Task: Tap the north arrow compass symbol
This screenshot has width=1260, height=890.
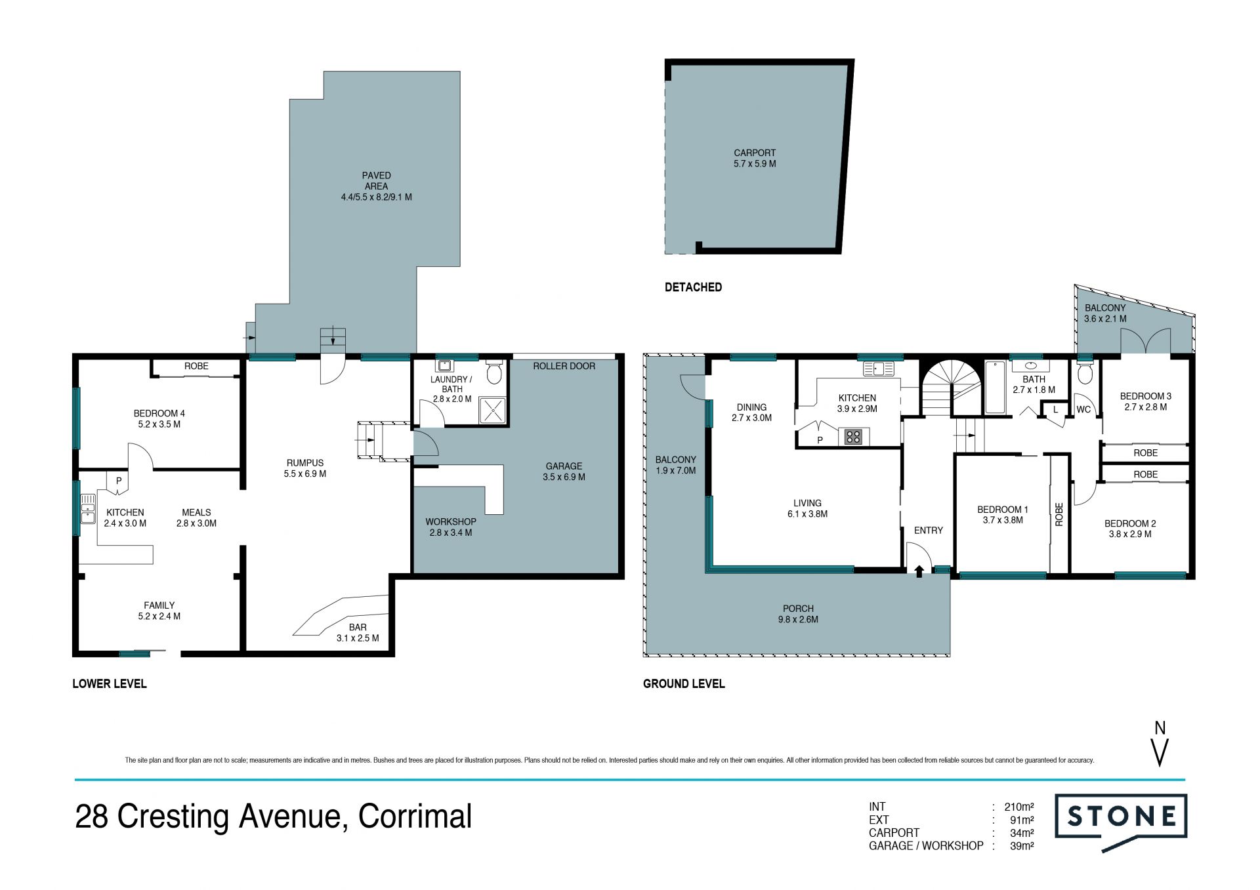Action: [x=1160, y=744]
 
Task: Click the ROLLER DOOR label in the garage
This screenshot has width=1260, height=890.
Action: [x=564, y=366]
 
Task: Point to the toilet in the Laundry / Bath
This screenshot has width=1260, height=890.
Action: [x=494, y=371]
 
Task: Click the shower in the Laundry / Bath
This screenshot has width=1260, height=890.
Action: [x=492, y=410]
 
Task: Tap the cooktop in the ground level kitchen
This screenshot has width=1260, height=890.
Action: [x=853, y=436]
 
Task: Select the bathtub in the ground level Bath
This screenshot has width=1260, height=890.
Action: [x=995, y=386]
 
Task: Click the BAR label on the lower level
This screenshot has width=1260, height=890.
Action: [x=358, y=628]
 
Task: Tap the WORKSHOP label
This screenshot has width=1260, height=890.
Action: [x=451, y=522]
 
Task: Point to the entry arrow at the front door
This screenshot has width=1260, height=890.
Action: [x=919, y=571]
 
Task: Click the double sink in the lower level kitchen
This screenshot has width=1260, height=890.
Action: [x=87, y=509]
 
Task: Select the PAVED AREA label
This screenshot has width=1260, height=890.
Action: [x=376, y=181]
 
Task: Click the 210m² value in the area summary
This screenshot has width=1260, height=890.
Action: [x=1019, y=807]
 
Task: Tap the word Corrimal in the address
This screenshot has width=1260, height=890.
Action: [x=415, y=817]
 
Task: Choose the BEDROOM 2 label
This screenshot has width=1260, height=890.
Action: [x=1130, y=523]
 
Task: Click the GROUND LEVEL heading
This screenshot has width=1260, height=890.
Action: [x=684, y=683]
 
